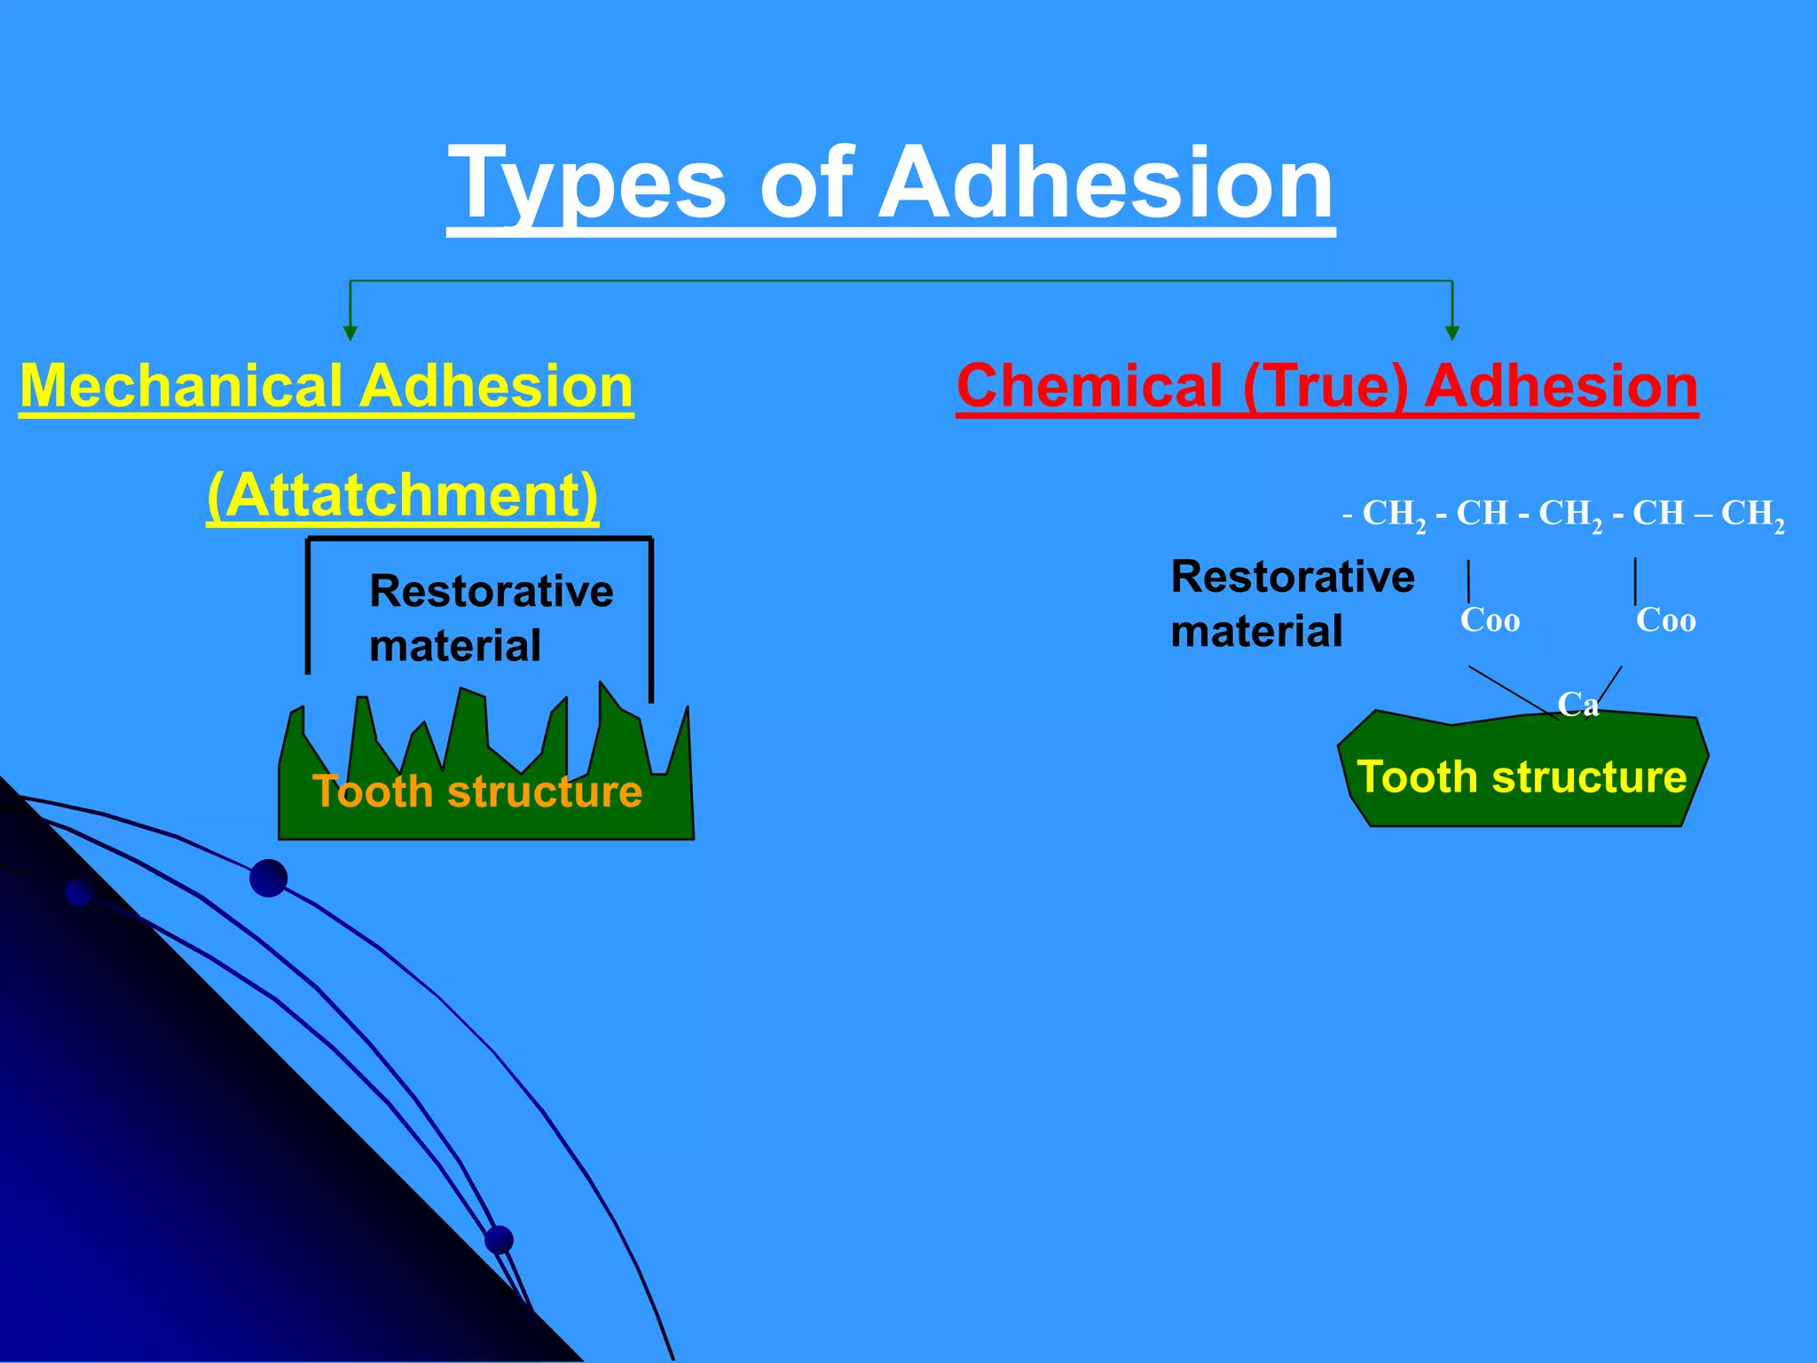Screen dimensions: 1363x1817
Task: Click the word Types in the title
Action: point(586,185)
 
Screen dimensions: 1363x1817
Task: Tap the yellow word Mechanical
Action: point(181,387)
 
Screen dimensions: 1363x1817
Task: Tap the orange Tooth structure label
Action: point(477,791)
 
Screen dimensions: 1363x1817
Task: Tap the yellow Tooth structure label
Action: point(1522,776)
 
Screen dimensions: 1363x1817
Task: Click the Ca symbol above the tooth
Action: point(1578,705)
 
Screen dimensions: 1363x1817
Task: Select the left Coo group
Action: point(1490,619)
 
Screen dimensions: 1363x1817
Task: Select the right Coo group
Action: point(1665,619)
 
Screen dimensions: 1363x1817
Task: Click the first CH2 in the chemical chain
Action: point(1393,515)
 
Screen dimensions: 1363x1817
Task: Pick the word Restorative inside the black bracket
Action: point(491,591)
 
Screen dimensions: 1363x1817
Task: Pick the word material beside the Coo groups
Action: point(1256,632)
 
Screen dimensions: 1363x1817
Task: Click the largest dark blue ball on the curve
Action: point(269,878)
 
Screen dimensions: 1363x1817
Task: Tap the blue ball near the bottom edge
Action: point(499,1240)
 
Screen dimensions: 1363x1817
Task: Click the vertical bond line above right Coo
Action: point(1635,581)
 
